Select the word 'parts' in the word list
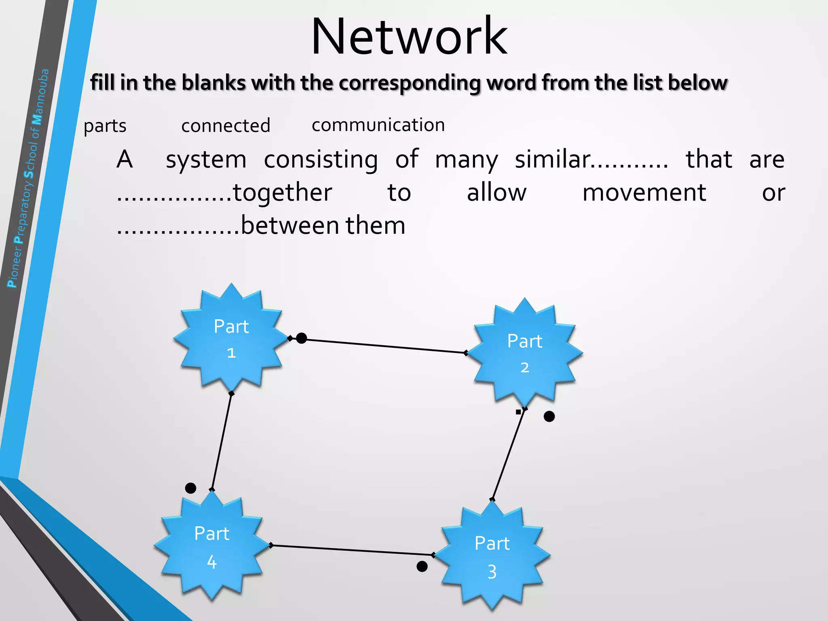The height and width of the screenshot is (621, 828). tap(105, 126)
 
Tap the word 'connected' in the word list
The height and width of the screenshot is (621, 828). tap(226, 126)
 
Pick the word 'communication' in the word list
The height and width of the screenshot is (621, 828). tap(378, 125)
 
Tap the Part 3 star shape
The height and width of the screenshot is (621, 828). tap(492, 556)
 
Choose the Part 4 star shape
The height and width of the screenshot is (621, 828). tap(211, 546)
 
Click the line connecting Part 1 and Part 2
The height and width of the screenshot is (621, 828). tap(384, 346)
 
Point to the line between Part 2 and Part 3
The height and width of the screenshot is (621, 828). tap(508, 454)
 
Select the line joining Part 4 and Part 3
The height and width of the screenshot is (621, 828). tap(352, 550)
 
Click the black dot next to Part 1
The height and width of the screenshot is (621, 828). tap(301, 338)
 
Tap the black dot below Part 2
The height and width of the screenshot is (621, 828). tap(549, 416)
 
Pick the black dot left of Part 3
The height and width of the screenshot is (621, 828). tap(422, 566)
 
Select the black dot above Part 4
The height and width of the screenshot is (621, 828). tap(190, 488)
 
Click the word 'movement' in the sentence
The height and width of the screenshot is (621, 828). tap(644, 192)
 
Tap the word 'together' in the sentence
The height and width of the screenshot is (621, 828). tap(282, 192)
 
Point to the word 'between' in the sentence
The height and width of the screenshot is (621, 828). tap(289, 226)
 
